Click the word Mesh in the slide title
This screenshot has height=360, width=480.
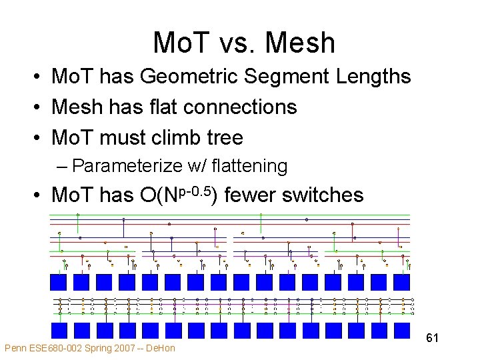(x=300, y=43)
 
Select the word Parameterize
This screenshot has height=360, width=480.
(x=123, y=165)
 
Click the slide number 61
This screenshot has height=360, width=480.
(x=432, y=339)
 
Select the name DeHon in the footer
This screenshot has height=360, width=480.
(x=161, y=348)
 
